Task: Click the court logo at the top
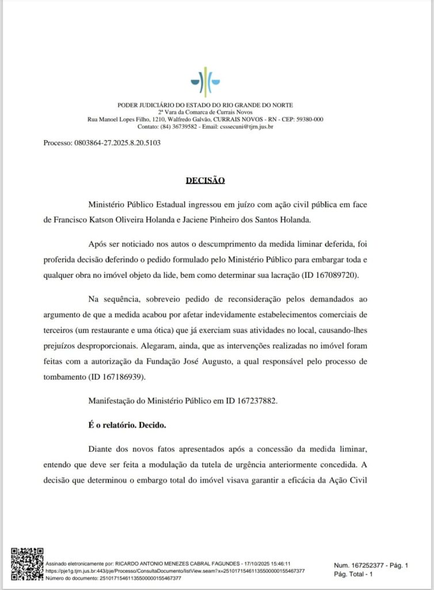tap(205, 82)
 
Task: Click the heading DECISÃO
tap(205, 180)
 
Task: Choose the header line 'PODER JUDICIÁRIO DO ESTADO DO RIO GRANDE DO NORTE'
tap(205, 105)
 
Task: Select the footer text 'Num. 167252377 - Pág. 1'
tap(371, 566)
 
